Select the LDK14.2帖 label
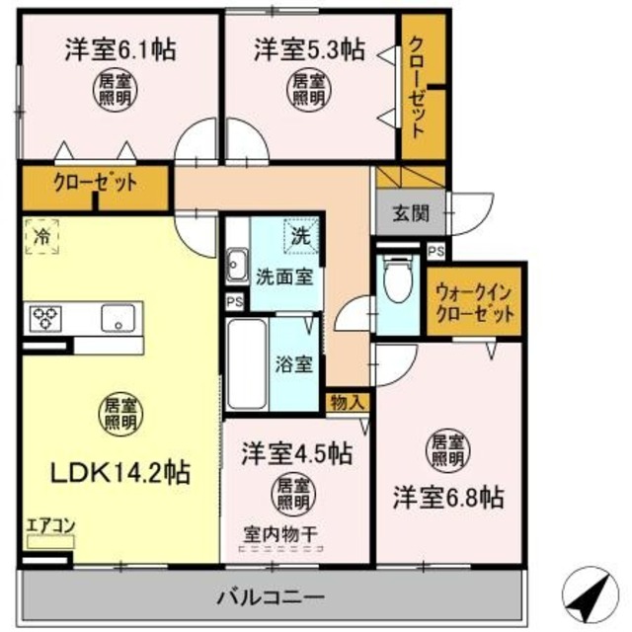(x=120, y=471)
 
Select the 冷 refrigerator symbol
(x=40, y=237)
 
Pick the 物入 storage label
(x=348, y=401)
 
